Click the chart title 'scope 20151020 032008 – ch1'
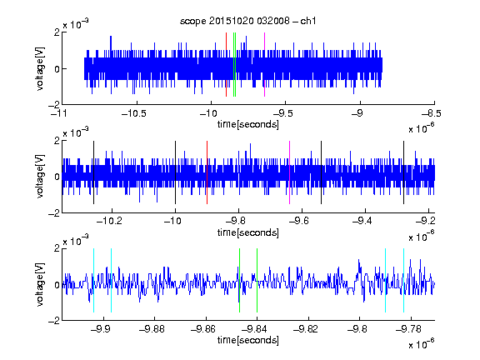[x=248, y=21]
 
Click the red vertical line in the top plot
[x=226, y=65]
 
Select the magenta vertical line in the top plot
[x=264, y=65]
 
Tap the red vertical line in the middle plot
[x=207, y=172]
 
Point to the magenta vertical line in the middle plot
[x=290, y=172]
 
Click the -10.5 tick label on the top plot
[x=134, y=113]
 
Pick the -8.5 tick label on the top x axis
[x=432, y=113]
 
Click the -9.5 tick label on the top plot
[x=282, y=113]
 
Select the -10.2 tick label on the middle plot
[x=109, y=221]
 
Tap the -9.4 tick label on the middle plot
[x=362, y=221]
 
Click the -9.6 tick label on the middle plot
[x=299, y=221]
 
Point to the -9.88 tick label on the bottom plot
[x=152, y=329]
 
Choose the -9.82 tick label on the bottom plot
[x=306, y=329]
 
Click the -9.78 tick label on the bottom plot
[x=408, y=329]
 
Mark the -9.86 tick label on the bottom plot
[x=203, y=329]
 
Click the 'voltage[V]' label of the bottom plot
[x=40, y=285]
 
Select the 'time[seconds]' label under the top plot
[x=248, y=124]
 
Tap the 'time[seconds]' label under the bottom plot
[x=248, y=340]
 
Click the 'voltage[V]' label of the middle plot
[x=40, y=177]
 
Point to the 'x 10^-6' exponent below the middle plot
[x=422, y=236]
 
